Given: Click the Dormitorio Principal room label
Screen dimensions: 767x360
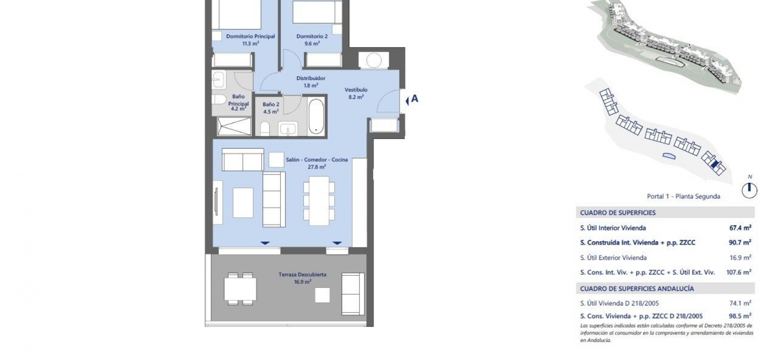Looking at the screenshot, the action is pos(250,40).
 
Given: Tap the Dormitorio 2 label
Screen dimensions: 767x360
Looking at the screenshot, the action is pos(312,40).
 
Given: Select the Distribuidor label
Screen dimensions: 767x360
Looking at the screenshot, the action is pos(311,81).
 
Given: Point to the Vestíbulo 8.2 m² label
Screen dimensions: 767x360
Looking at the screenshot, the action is pos(356,93).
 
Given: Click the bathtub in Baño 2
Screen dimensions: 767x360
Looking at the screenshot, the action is pos(316,117).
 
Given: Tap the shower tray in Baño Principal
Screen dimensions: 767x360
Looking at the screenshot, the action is pos(234,126).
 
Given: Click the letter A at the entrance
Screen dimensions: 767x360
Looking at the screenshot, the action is pos(415,99).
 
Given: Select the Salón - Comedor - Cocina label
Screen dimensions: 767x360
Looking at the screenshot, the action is pos(317,163).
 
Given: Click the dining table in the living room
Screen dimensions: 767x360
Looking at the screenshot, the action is pos(319,201).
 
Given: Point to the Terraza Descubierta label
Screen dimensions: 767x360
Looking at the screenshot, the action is pos(303,278).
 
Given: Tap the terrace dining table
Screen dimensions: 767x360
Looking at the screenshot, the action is pos(241,289).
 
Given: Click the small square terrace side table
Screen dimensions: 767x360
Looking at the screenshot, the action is pos(322,295).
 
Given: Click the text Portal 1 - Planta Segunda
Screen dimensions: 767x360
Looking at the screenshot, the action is pos(684,196).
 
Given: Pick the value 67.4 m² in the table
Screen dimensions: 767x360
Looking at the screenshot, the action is pos(740,228).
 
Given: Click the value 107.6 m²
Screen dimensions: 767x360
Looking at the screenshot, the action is pos(739,272).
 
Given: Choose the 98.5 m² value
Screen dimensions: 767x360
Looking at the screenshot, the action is pos(740,316).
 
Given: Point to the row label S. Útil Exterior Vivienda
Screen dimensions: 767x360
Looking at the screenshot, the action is pos(614,258).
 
